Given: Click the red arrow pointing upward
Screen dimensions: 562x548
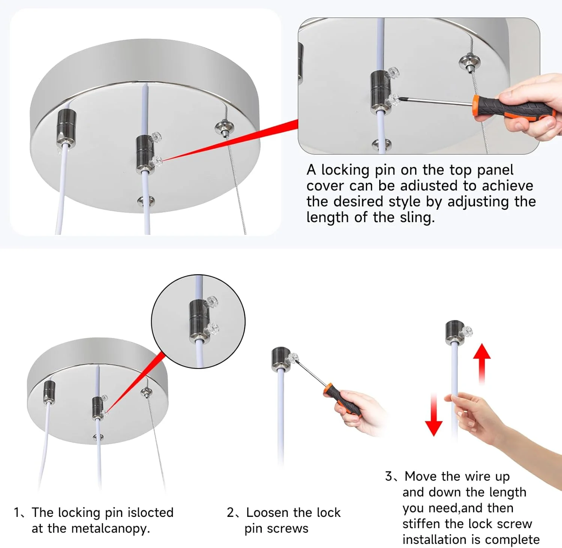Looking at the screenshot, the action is click(x=481, y=364).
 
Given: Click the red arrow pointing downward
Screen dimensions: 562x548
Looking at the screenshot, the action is click(x=434, y=415).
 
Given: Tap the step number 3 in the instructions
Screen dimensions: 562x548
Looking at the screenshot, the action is click(x=389, y=476).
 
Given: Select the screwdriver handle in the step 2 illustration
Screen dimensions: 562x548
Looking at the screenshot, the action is click(x=341, y=399).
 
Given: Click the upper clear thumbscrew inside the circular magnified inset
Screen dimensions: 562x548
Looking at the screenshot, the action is click(x=212, y=301).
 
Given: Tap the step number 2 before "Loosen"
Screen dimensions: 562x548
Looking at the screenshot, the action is click(x=230, y=512).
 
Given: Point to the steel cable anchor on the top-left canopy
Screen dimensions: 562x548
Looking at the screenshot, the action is click(x=224, y=128).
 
